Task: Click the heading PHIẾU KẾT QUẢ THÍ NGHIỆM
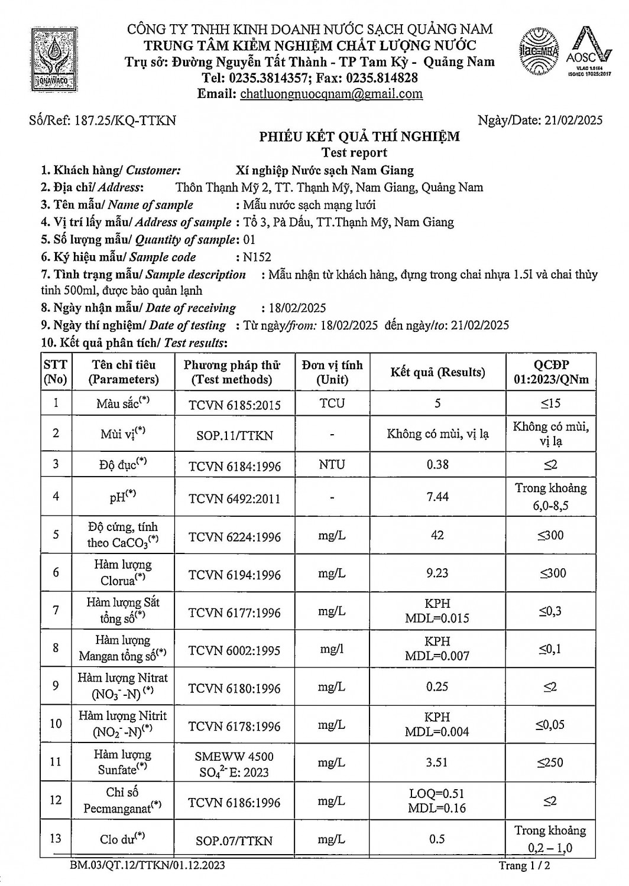click(359, 137)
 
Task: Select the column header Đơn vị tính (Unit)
click(332, 372)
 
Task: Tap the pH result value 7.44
click(437, 497)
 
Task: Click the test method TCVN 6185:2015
click(234, 405)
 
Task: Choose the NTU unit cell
click(332, 464)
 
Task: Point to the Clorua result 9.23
click(437, 573)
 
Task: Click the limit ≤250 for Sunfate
click(550, 763)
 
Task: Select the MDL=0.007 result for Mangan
click(437, 656)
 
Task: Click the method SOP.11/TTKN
click(234, 435)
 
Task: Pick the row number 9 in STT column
click(56, 686)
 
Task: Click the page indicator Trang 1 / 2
click(526, 866)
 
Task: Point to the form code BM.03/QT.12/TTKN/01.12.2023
click(147, 866)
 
